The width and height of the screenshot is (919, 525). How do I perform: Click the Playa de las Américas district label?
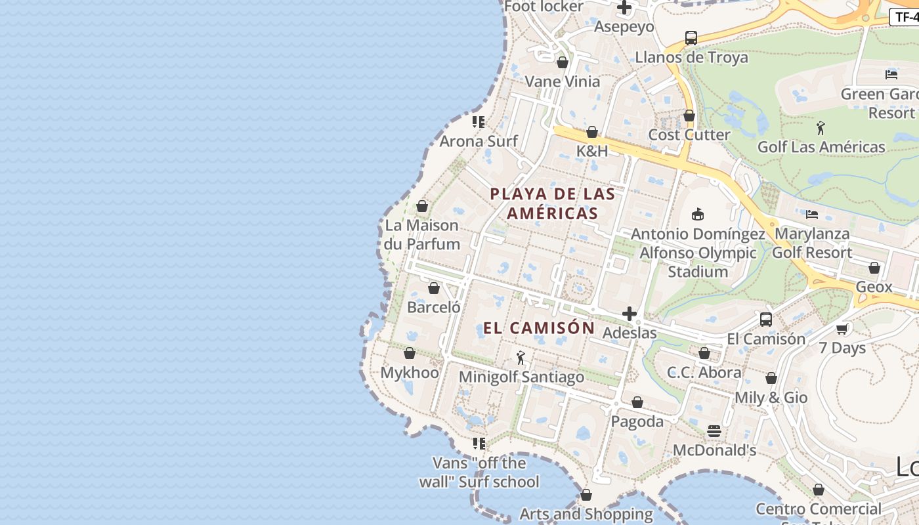pos(552,203)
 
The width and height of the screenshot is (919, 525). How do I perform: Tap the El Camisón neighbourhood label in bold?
pos(539,328)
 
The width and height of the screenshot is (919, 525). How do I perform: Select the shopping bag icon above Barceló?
pos(433,288)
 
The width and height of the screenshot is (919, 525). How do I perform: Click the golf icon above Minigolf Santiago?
pos(521,358)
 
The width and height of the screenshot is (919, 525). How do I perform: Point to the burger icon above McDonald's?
pos(714,431)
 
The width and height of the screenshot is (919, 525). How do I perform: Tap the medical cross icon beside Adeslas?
pos(630,314)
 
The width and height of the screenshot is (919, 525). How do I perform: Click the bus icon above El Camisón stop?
pos(765,320)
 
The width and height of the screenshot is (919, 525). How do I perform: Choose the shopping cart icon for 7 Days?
pos(842,328)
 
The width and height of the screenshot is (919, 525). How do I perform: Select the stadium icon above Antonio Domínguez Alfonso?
pos(698,214)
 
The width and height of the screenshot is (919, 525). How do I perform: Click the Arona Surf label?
pos(479,141)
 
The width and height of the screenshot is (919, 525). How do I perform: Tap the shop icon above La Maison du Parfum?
pos(422,207)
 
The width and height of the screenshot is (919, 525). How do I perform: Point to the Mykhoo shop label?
pos(410,373)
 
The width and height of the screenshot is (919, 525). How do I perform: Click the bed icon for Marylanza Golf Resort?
pos(812,214)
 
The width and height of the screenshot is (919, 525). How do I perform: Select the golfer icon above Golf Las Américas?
pos(821,127)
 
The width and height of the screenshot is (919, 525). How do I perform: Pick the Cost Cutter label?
pos(689,135)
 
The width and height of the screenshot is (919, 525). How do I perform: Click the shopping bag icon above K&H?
pos(592,132)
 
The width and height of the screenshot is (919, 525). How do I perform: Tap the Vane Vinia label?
pos(563,81)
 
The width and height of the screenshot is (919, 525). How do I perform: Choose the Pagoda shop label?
pos(637,421)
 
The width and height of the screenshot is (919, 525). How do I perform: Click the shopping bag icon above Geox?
pos(874,268)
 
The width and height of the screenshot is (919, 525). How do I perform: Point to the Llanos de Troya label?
pos(691,57)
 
